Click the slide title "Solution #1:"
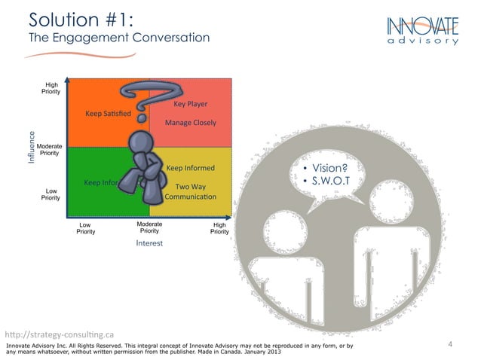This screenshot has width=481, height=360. click(x=81, y=19)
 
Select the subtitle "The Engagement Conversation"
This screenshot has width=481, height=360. click(x=119, y=38)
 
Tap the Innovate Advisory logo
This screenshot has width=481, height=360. click(x=422, y=30)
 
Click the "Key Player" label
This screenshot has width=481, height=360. click(x=190, y=104)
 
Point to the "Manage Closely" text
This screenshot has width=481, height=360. click(x=190, y=122)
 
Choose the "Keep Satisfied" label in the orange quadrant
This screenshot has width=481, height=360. click(x=109, y=114)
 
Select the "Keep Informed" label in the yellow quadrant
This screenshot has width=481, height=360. click(x=190, y=168)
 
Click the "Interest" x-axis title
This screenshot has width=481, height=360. click(x=149, y=243)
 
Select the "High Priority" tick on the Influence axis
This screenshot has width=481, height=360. click(x=52, y=88)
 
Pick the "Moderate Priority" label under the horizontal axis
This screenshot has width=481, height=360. click(x=149, y=227)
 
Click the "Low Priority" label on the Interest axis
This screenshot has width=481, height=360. click(x=85, y=228)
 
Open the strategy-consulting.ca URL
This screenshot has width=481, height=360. click(x=59, y=334)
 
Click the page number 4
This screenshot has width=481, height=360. click(x=449, y=344)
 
